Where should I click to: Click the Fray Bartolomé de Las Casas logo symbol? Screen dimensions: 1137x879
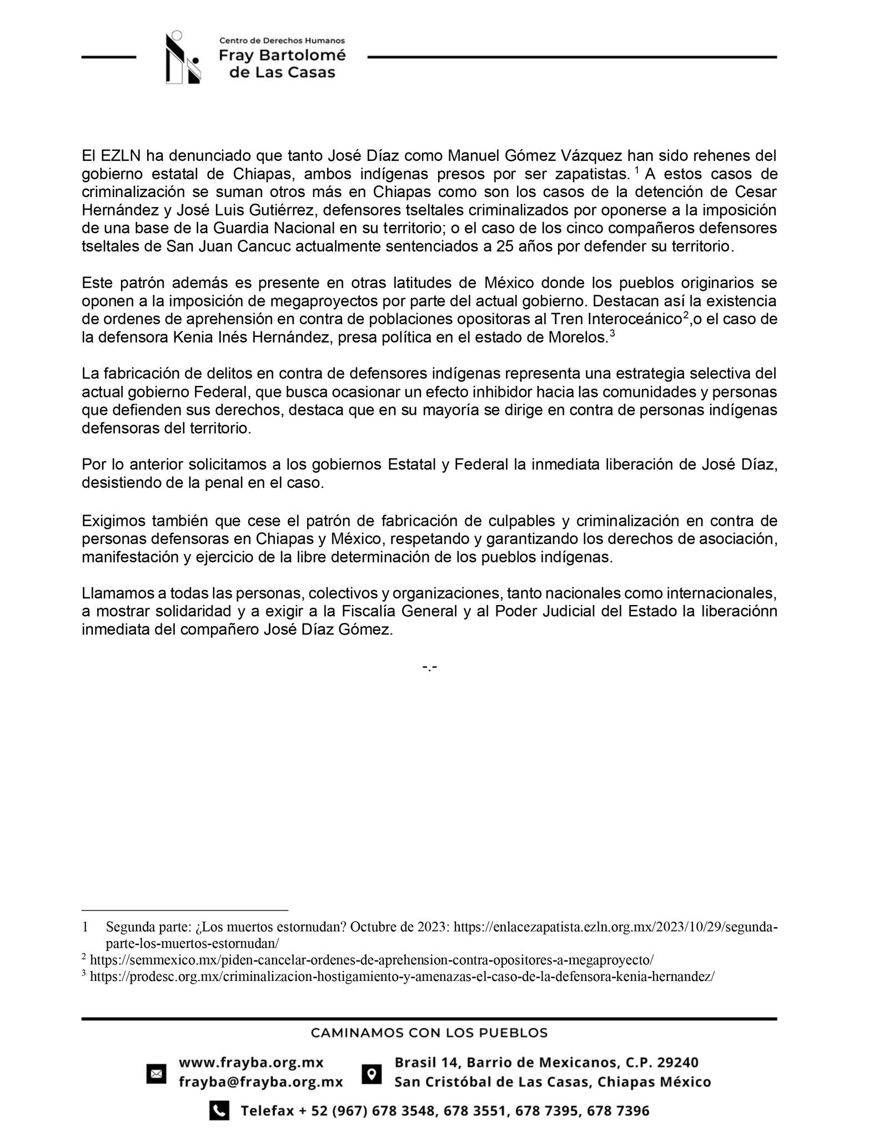click(x=183, y=59)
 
